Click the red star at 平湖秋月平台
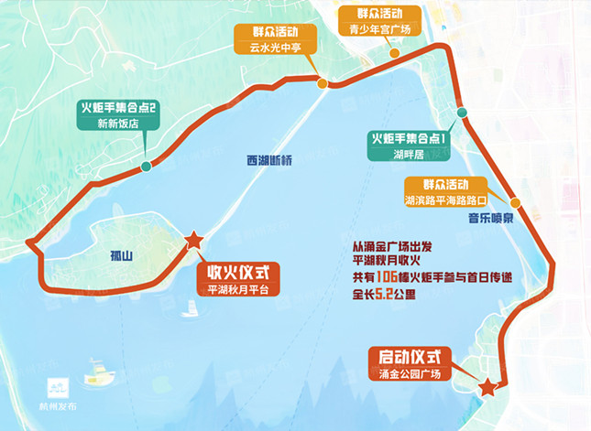(194, 241)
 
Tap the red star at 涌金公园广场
(489, 387)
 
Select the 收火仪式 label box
(238, 272)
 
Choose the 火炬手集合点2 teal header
(119, 107)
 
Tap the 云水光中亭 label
(278, 47)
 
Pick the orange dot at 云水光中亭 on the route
(323, 83)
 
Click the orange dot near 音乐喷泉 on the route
(517, 202)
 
